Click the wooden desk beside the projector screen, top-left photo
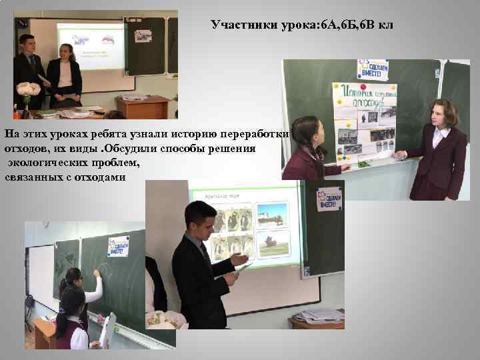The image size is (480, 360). (143, 105)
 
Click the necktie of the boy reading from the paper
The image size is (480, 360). (204, 253)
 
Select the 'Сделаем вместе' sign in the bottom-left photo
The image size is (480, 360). (118, 245)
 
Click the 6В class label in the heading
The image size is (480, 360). (369, 25)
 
